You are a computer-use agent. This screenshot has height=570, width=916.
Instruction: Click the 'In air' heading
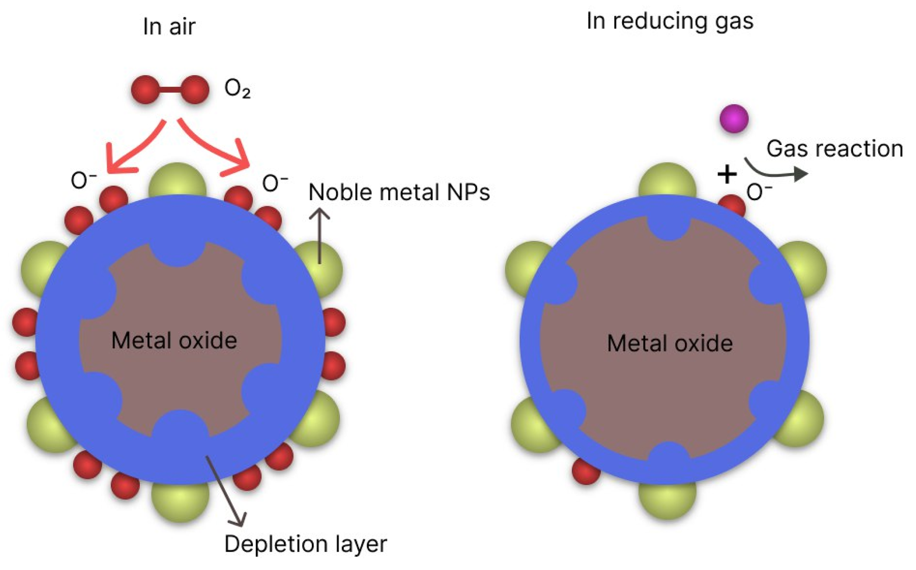[169, 26]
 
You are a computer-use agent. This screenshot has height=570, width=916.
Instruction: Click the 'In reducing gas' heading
[670, 21]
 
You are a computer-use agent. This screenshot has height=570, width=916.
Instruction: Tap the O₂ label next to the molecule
[237, 89]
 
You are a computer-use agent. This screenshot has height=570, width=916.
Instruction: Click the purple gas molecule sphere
[734, 119]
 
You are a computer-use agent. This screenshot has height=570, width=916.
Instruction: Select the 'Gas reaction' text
[834, 149]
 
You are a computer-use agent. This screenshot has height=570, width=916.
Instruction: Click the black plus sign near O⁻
[727, 175]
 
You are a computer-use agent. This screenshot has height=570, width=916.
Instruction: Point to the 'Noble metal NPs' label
[399, 192]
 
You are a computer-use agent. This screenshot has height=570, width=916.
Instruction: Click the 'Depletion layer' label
[305, 544]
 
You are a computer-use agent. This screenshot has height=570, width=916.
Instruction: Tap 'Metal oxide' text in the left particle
[174, 341]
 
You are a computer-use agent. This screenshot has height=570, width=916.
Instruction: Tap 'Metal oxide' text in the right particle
[670, 343]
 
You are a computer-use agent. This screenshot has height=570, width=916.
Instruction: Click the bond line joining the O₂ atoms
[170, 90]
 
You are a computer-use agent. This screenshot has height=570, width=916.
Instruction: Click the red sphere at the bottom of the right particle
[585, 471]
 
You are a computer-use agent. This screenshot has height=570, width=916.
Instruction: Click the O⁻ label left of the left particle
[83, 180]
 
